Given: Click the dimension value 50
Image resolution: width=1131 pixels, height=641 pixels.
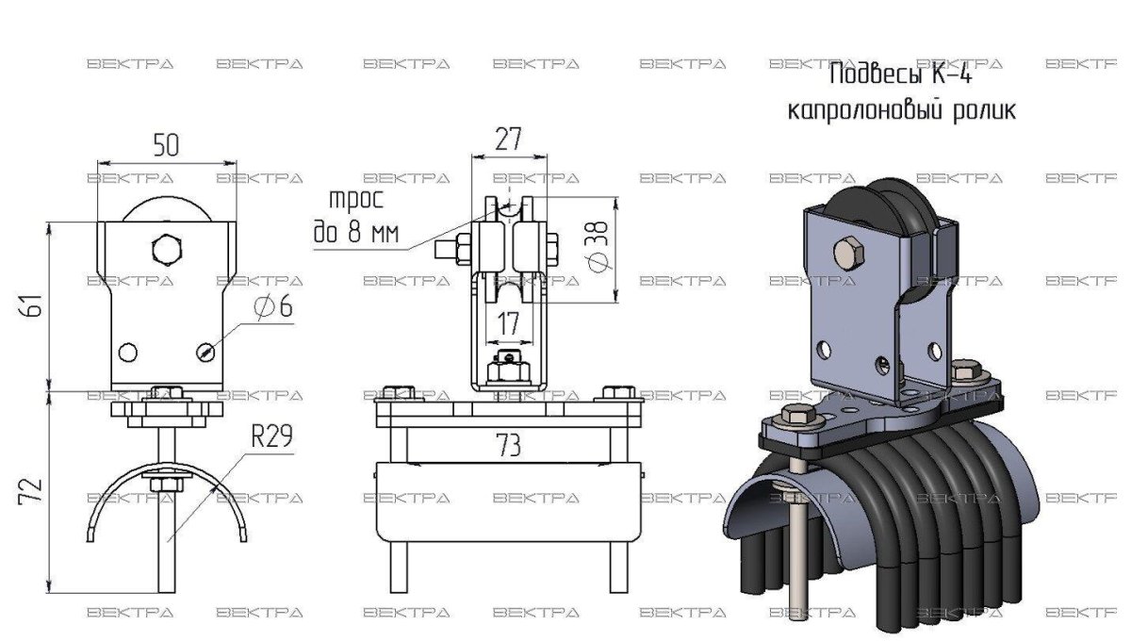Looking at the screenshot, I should pos(166,144).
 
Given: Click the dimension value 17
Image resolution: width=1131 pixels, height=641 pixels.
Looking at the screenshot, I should pos(509,322).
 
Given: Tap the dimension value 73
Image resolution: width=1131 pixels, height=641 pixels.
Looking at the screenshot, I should pos(509,446).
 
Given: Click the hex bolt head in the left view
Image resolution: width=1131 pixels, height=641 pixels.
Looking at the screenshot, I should pos(166,249).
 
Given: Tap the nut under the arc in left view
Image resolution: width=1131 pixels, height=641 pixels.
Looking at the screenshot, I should pos(166,485).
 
